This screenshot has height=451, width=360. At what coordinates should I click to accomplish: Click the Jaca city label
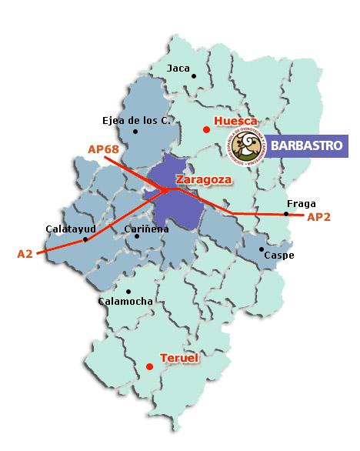coord(178,68)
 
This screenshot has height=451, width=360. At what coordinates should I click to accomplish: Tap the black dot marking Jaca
coord(195,75)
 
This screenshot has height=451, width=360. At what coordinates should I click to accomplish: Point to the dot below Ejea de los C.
coord(135,132)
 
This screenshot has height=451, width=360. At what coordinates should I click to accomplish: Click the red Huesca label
coord(235,122)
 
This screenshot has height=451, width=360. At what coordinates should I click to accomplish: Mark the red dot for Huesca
coord(205,130)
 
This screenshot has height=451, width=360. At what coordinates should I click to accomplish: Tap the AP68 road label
coord(104,149)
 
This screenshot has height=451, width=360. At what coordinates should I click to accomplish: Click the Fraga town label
coord(301,204)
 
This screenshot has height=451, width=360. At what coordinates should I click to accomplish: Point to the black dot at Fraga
coord(286,214)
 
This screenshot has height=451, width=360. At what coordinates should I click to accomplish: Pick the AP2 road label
coord(318,218)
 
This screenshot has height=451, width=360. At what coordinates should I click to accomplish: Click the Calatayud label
coord(70,229)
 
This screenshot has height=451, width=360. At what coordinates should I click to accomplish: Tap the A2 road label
coord(25,252)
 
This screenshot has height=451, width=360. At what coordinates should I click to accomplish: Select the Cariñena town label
coord(146,229)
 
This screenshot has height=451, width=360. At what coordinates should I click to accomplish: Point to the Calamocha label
coord(125,302)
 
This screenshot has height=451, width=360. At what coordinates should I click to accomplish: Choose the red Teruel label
coord(179,359)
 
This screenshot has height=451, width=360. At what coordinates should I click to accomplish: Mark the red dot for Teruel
coord(149,367)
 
